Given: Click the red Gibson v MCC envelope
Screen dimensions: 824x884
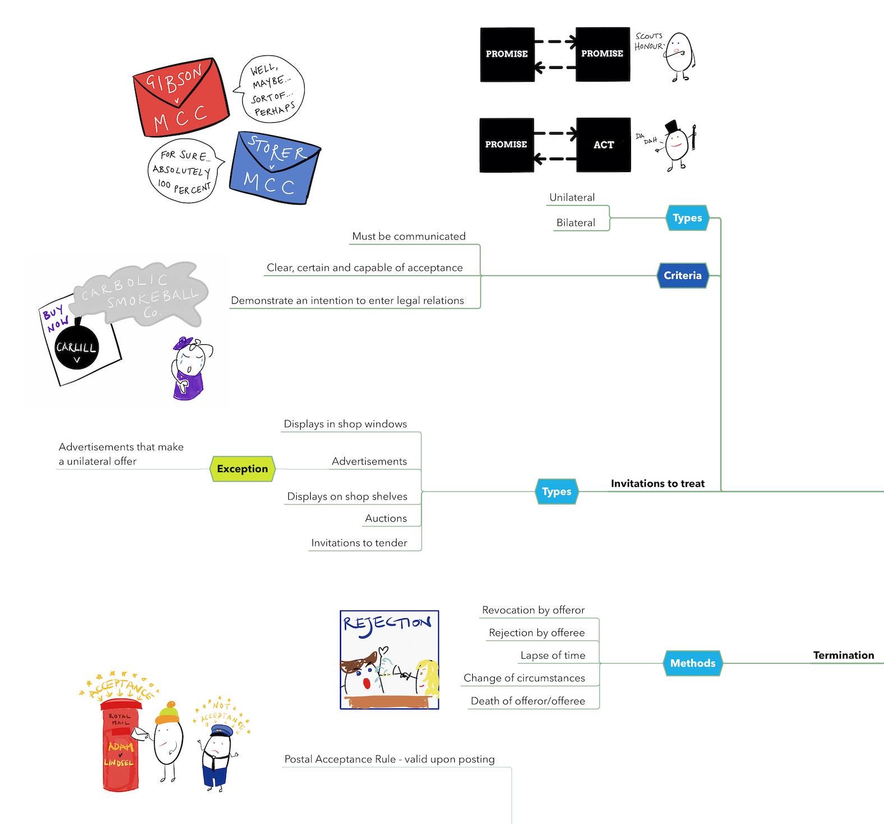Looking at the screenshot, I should [179, 98].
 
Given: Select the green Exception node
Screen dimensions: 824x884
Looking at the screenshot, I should [242, 469].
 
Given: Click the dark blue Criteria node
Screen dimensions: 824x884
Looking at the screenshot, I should [683, 275].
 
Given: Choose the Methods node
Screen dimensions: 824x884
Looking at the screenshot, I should [693, 663].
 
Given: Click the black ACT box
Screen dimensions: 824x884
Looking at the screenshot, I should [604, 145].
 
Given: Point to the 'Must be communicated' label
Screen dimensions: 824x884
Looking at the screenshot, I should [408, 237].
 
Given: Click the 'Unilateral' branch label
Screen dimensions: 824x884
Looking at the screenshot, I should [572, 197].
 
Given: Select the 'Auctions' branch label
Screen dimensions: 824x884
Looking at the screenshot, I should [386, 519].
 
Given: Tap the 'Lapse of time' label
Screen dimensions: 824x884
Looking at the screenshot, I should [552, 655].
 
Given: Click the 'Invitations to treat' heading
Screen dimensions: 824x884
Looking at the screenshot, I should [657, 484].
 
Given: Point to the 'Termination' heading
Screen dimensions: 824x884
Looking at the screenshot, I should [843, 655].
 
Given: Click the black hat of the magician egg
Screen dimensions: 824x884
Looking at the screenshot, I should [673, 127].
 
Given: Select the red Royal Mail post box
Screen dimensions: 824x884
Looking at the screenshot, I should [121, 746].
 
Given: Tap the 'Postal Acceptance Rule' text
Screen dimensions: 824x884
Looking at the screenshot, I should [389, 760].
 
